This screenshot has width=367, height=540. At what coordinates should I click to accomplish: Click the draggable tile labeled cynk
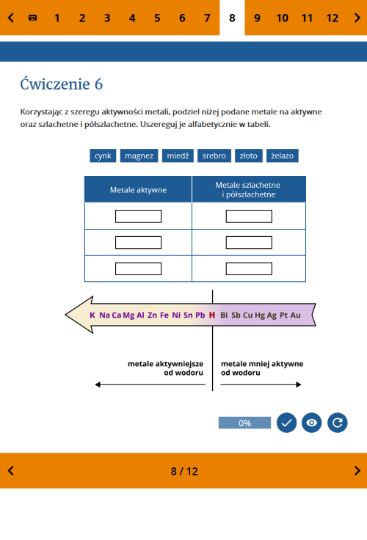pos(103,156)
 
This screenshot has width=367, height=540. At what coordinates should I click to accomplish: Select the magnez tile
pos(139,156)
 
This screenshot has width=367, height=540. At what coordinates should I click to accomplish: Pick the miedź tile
pos(178,156)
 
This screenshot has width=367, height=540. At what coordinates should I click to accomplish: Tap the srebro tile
pos(214,156)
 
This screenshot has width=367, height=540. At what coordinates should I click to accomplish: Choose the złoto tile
pos(248,156)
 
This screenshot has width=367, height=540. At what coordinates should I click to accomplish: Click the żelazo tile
pos(283,156)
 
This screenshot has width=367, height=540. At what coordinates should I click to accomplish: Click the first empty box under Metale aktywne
pos(138,216)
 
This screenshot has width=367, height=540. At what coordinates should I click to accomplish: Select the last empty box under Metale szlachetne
pos(249,269)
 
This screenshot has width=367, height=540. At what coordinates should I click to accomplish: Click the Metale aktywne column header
pos(138,189)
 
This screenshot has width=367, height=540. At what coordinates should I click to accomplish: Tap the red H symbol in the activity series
pos(212,315)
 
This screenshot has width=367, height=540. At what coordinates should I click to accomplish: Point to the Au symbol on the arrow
pos(295,315)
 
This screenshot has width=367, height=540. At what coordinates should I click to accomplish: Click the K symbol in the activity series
pos(92,315)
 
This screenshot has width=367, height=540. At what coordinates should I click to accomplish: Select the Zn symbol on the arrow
pos(152,315)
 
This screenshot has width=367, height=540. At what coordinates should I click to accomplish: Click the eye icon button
pos(311,423)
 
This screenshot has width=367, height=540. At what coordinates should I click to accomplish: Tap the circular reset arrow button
pos(338,423)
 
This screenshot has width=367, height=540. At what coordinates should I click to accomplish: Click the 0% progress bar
pos(244,423)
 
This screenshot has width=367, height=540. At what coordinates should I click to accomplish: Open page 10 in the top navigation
pos(283,18)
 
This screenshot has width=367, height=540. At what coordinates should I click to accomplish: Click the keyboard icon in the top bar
pos(33,18)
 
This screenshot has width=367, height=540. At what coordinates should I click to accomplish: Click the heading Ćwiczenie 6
pos(62,84)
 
